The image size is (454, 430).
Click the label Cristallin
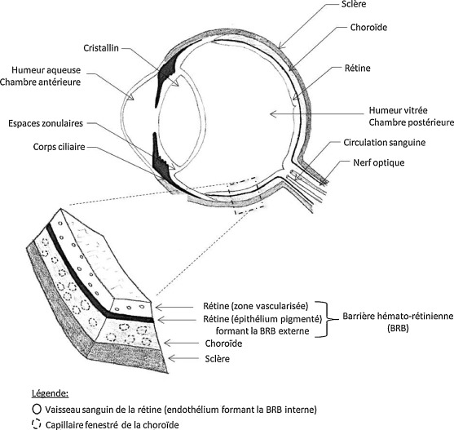(x=101, y=48)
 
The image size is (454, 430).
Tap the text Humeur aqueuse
(x=46, y=70)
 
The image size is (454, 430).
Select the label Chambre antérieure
(x=40, y=82)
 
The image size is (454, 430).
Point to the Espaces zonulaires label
(x=46, y=123)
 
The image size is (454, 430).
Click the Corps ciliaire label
(x=59, y=147)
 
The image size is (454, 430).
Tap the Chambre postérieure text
(x=411, y=122)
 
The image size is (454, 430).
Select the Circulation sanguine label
(x=385, y=143)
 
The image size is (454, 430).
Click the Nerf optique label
(x=379, y=162)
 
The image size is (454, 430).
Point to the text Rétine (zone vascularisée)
(x=256, y=306)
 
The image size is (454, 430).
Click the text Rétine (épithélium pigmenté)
(x=262, y=319)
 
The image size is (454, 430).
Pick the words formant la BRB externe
(x=262, y=331)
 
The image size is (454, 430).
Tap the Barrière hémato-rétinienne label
(x=398, y=316)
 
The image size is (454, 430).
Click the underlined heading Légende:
(x=50, y=393)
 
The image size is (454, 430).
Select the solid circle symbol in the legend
(x=37, y=409)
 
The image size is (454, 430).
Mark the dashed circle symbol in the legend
(x=36, y=424)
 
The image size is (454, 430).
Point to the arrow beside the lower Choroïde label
(x=181, y=344)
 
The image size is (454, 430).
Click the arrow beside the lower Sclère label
(x=184, y=359)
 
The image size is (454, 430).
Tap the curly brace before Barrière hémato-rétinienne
(x=327, y=319)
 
